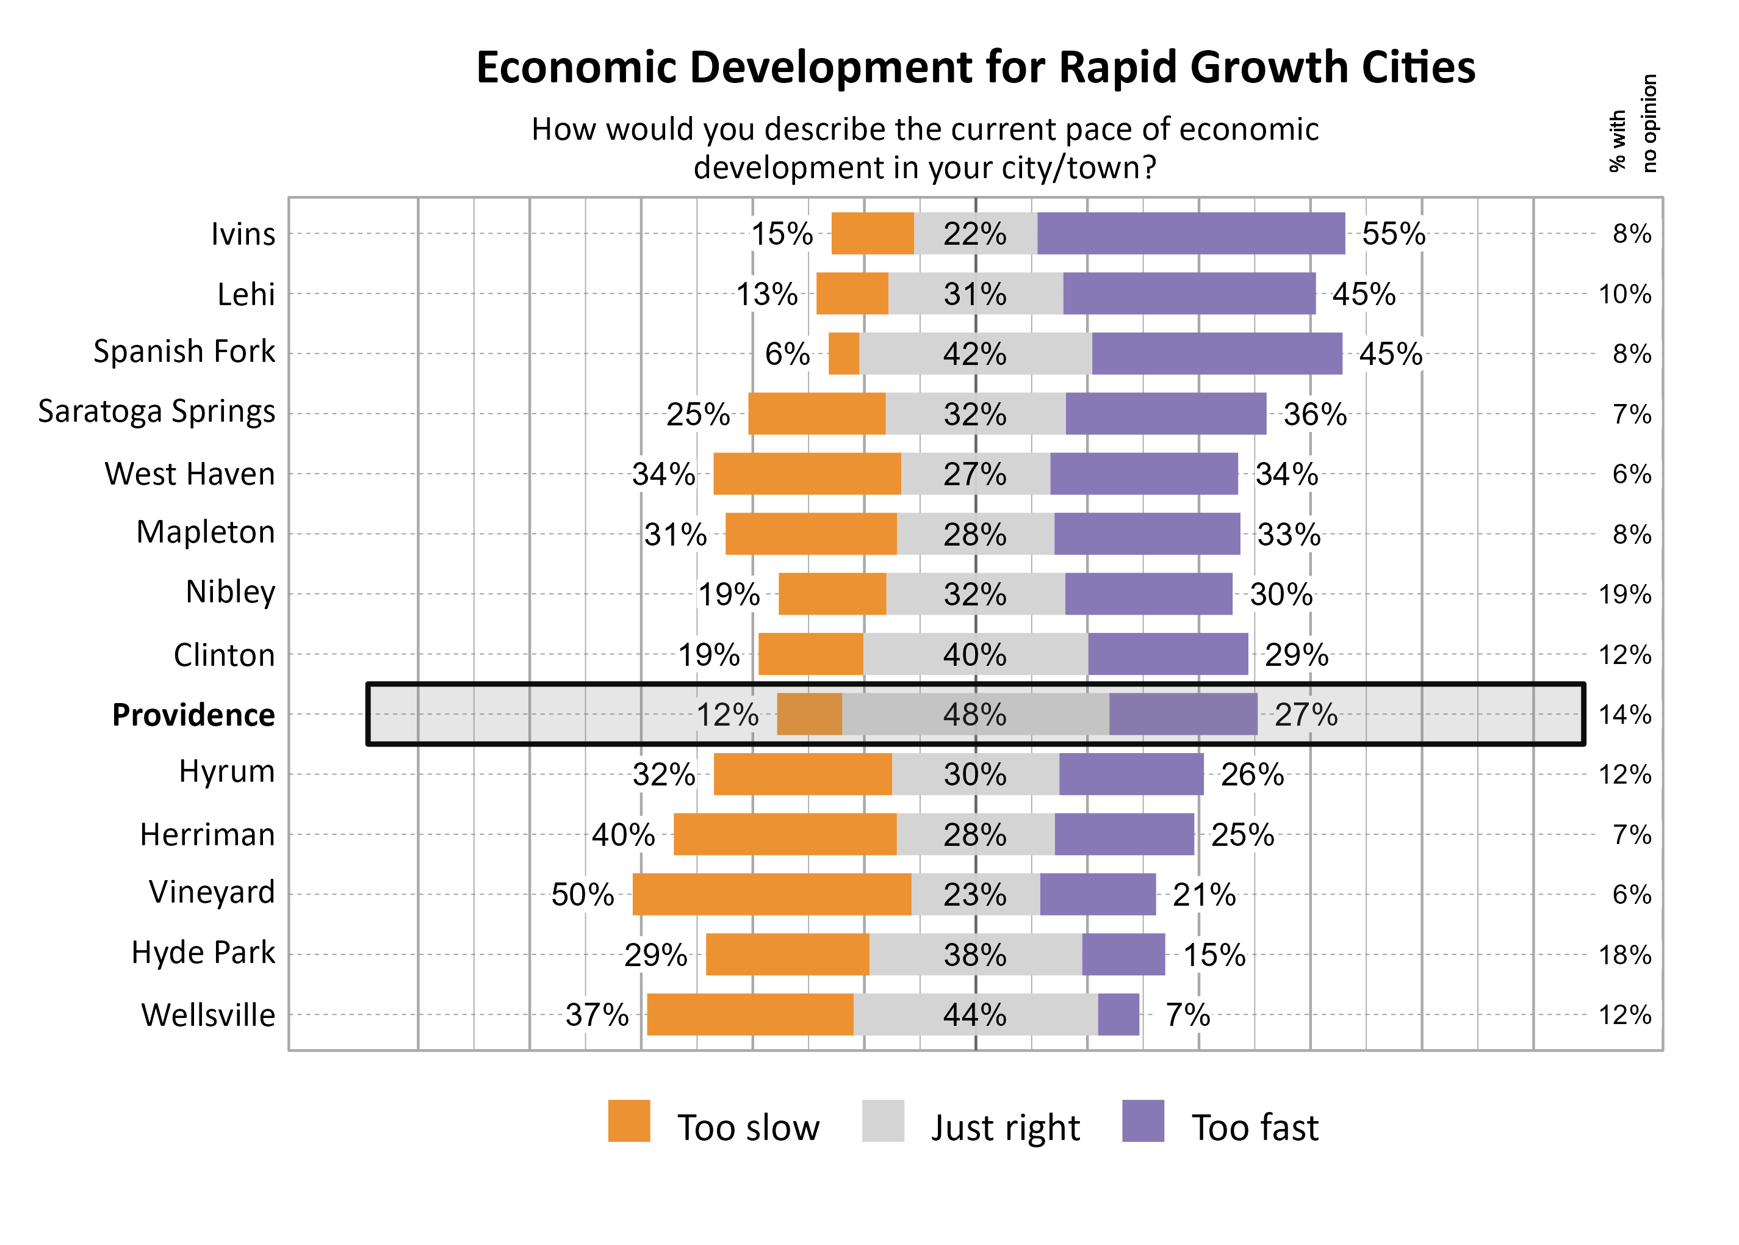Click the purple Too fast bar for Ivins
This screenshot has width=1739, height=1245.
click(x=1190, y=233)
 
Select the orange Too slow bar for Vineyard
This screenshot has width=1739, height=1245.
click(x=771, y=894)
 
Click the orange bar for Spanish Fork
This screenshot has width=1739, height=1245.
click(x=843, y=353)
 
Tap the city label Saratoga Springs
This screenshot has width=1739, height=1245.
click(x=156, y=412)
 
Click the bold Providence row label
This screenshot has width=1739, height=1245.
click(x=193, y=715)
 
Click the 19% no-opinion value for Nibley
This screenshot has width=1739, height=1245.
click(x=1624, y=594)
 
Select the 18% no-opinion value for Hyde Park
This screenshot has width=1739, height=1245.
click(x=1624, y=955)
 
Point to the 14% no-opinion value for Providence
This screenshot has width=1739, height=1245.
click(x=1624, y=715)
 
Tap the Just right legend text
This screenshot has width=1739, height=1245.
click(x=1005, y=1128)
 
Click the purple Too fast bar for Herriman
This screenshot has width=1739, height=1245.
click(x=1123, y=834)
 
